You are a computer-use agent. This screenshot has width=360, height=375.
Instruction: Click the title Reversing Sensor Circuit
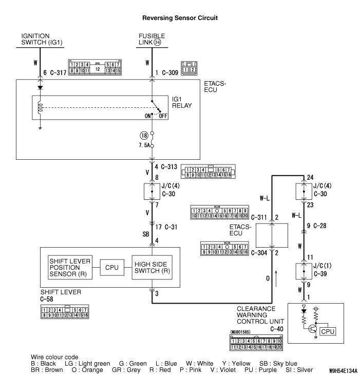tap(180, 18)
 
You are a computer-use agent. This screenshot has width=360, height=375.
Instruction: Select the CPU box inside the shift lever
tap(112, 267)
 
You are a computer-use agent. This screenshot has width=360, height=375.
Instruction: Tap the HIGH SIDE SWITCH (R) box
tap(152, 267)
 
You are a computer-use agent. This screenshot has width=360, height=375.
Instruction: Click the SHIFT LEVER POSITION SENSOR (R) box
tap(70, 267)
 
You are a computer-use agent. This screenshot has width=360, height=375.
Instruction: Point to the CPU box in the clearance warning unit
tap(328, 331)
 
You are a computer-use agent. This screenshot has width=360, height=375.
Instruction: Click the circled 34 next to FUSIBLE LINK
tap(157, 42)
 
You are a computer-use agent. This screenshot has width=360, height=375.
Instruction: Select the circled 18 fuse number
tap(144, 136)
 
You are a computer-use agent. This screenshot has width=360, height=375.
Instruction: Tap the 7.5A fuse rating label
tap(144, 145)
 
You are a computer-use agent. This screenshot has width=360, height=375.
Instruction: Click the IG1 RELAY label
tap(182, 102)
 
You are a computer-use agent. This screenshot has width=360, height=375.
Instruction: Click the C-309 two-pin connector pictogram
tap(189, 68)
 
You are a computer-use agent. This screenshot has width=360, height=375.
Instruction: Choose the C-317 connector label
tap(58, 72)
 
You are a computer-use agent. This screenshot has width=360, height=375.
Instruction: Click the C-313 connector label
tap(169, 166)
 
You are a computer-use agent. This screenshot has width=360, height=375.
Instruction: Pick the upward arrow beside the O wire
tap(276, 278)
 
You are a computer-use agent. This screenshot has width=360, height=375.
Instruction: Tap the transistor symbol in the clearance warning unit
tap(312, 329)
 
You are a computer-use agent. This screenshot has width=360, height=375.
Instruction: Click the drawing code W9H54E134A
tap(343, 371)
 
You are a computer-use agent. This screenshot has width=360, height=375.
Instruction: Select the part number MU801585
tap(240, 332)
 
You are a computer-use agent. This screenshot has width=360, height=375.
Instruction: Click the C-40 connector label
tap(277, 329)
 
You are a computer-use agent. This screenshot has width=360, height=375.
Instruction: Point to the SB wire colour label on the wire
tap(146, 234)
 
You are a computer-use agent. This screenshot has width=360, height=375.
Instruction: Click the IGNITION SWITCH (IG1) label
tap(42, 39)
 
